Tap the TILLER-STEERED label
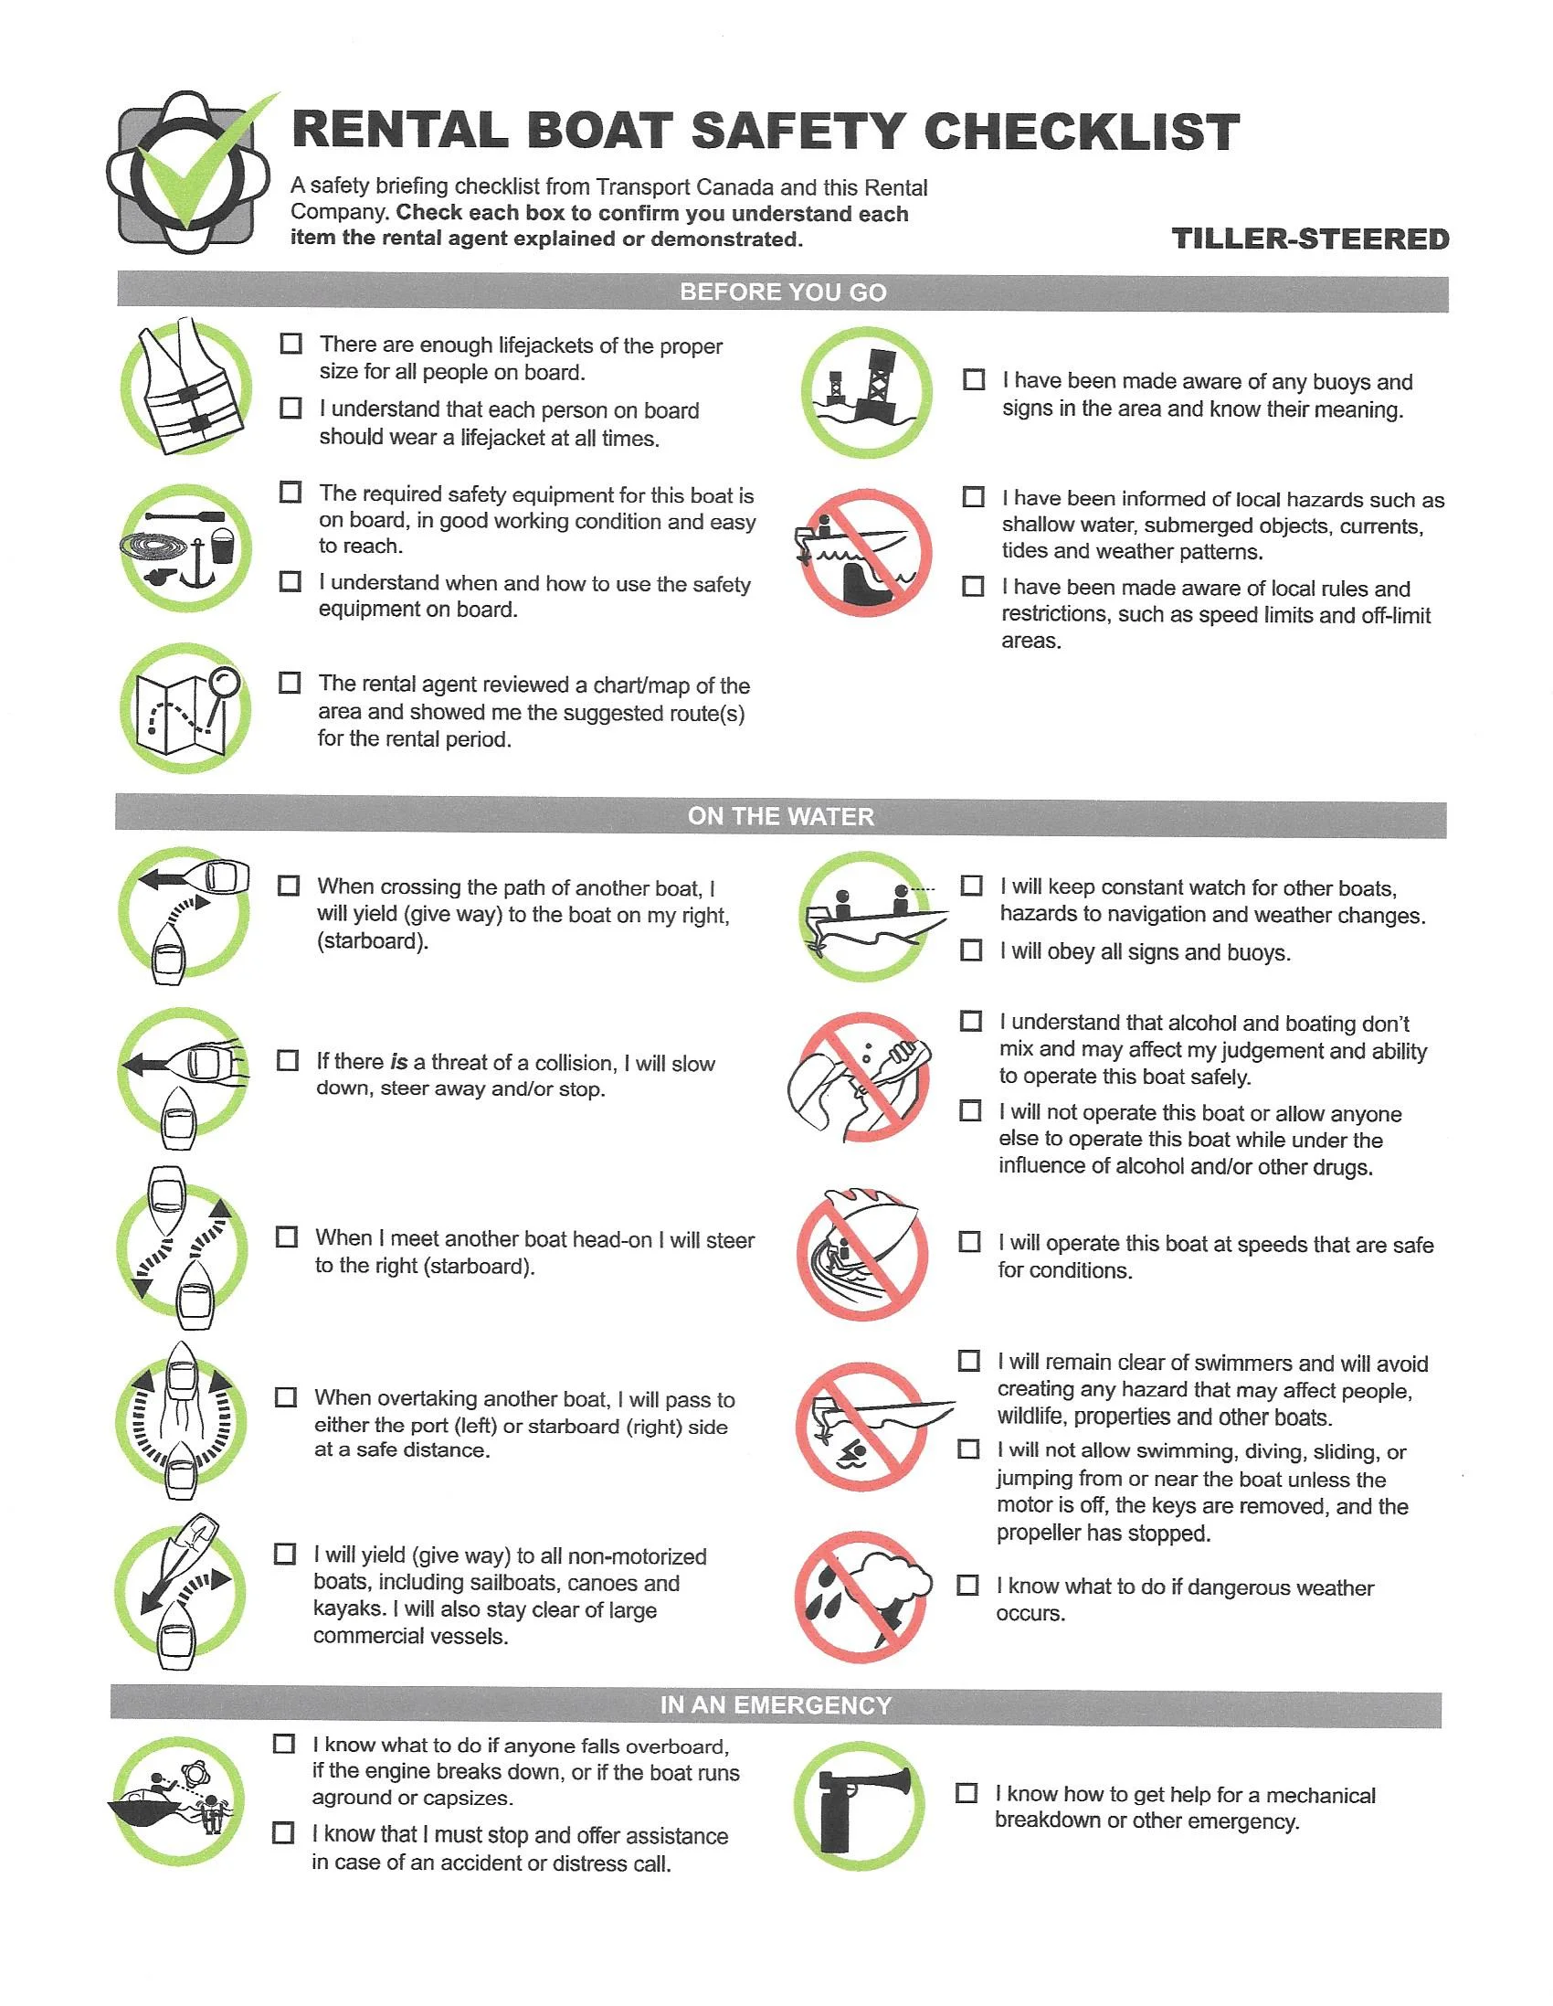coord(1310,239)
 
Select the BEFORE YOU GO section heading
coord(783,292)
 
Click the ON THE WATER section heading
coord(781,816)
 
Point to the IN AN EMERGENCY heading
coord(776,1705)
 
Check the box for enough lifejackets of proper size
coord(291,345)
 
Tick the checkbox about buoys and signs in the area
coord(974,380)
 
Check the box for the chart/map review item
coord(291,684)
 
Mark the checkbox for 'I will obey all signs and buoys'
coord(971,950)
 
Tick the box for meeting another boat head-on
coord(288,1237)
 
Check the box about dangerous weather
coord(968,1586)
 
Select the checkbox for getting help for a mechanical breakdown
coord(967,1793)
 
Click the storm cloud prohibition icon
coord(861,1597)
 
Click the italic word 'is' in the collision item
coord(398,1063)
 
